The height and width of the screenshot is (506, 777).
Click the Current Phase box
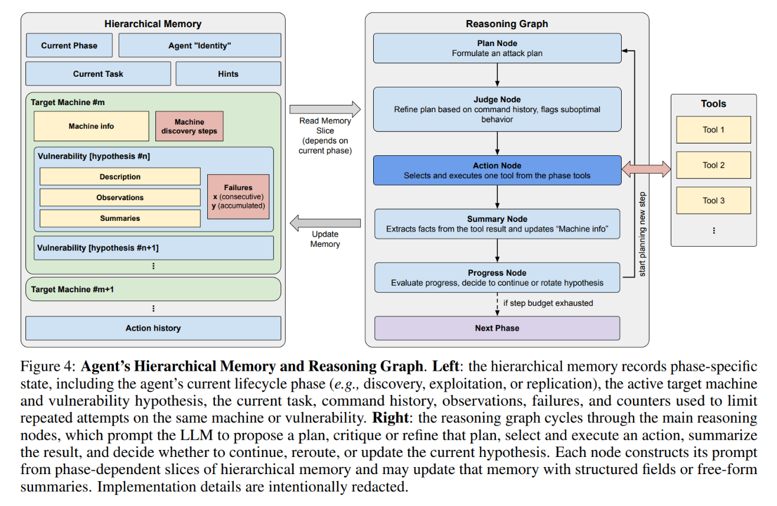click(x=69, y=45)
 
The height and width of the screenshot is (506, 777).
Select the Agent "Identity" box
click(x=200, y=45)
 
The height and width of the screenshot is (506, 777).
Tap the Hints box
click(x=228, y=74)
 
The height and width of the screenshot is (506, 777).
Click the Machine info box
click(x=92, y=126)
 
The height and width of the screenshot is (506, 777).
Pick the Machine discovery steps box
click(x=190, y=126)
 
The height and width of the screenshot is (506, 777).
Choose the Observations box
click(x=120, y=197)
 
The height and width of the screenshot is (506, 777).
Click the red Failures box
click(x=239, y=196)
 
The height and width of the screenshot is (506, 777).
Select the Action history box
click(x=154, y=328)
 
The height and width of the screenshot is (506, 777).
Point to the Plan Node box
click(x=497, y=48)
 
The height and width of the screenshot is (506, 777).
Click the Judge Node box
click(x=497, y=109)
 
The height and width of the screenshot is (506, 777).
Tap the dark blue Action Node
click(x=497, y=170)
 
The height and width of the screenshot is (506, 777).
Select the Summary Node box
click(x=497, y=224)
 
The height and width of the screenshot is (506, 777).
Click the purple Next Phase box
click(x=497, y=328)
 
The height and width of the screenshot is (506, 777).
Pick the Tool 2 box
click(x=713, y=165)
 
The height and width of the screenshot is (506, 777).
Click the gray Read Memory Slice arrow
click(x=325, y=109)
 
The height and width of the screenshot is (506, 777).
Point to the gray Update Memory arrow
click(x=325, y=223)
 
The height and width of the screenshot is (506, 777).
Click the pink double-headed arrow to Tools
click(x=647, y=169)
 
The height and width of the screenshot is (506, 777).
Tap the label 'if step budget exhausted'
click(x=548, y=303)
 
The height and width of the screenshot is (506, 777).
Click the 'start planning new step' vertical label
click(x=642, y=234)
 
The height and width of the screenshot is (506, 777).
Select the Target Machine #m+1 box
click(x=154, y=289)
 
